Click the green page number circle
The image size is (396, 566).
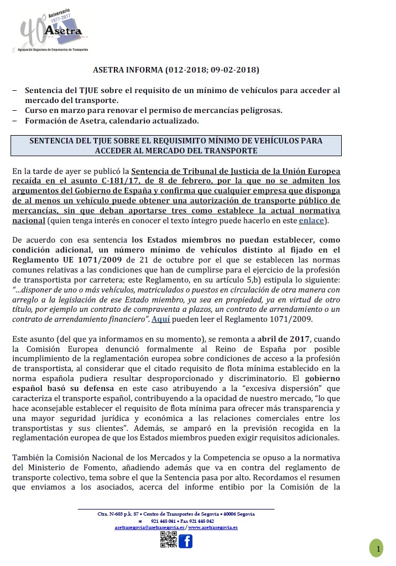coord(378,549)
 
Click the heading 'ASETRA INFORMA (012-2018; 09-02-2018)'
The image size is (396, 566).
coord(175,70)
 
